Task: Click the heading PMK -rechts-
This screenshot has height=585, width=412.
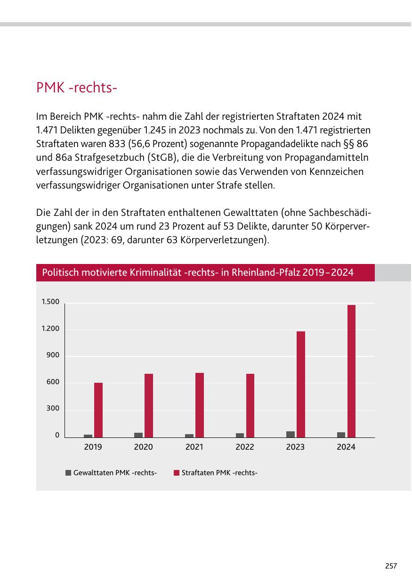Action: click(x=76, y=88)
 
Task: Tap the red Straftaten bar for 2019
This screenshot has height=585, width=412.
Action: click(x=98, y=410)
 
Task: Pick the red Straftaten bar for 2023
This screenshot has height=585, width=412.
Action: click(x=301, y=384)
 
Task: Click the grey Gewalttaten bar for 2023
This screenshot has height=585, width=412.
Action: click(x=291, y=434)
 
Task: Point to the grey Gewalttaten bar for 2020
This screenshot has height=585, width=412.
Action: click(x=138, y=435)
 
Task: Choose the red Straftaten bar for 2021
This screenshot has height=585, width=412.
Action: click(x=200, y=405)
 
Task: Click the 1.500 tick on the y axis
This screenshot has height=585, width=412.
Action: click(x=50, y=302)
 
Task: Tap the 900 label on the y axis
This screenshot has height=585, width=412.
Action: click(x=53, y=355)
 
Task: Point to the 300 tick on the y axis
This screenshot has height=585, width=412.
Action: click(x=53, y=408)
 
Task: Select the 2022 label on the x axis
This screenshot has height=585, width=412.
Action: click(x=245, y=447)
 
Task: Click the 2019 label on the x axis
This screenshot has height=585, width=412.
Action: click(x=93, y=447)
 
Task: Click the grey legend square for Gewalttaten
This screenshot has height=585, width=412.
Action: click(x=68, y=473)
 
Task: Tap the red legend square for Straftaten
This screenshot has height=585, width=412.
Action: click(x=177, y=473)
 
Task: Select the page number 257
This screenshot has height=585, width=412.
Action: click(x=391, y=566)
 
